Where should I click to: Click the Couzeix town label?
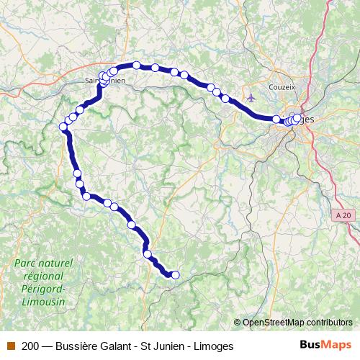click(282, 86)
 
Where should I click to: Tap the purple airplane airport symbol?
click(251, 97)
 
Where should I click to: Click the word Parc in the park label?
click(26, 264)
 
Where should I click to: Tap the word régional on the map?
click(43, 276)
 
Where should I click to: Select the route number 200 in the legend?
click(31, 346)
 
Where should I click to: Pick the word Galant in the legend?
click(117, 346)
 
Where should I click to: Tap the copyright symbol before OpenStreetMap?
click(238, 323)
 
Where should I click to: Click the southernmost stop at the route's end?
click(174, 274)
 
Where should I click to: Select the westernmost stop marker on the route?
click(63, 127)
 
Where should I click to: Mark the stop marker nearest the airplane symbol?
click(226, 99)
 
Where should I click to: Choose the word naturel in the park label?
click(56, 264)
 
